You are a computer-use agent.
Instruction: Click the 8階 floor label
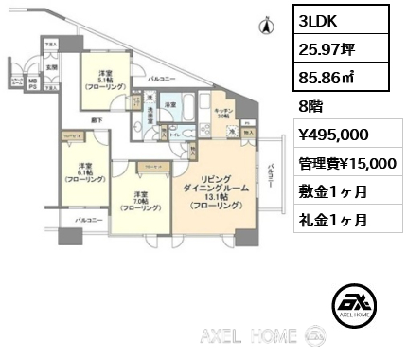pyautogui.click(x=309, y=106)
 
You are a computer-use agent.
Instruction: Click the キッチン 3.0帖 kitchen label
pyautogui.click(x=222, y=111)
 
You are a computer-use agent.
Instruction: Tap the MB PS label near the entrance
pyautogui.click(x=34, y=84)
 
